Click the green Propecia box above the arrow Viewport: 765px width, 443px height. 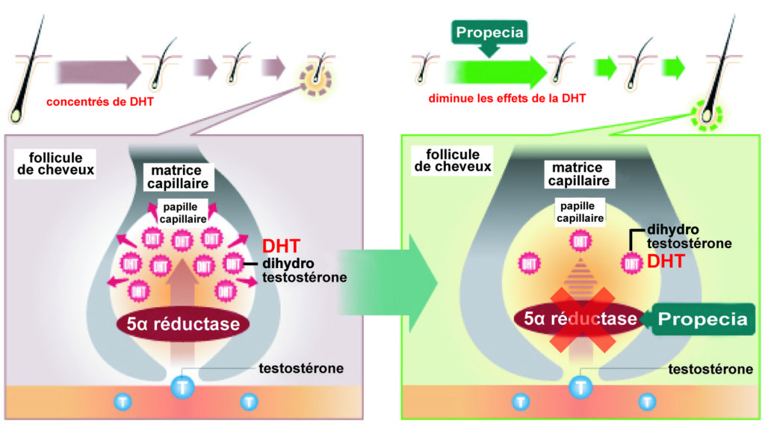[489, 34]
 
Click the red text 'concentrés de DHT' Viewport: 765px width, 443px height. [99, 102]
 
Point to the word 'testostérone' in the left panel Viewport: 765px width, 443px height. [301, 368]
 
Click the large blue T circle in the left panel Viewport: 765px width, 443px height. [182, 386]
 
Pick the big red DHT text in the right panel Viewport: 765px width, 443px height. [666, 261]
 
